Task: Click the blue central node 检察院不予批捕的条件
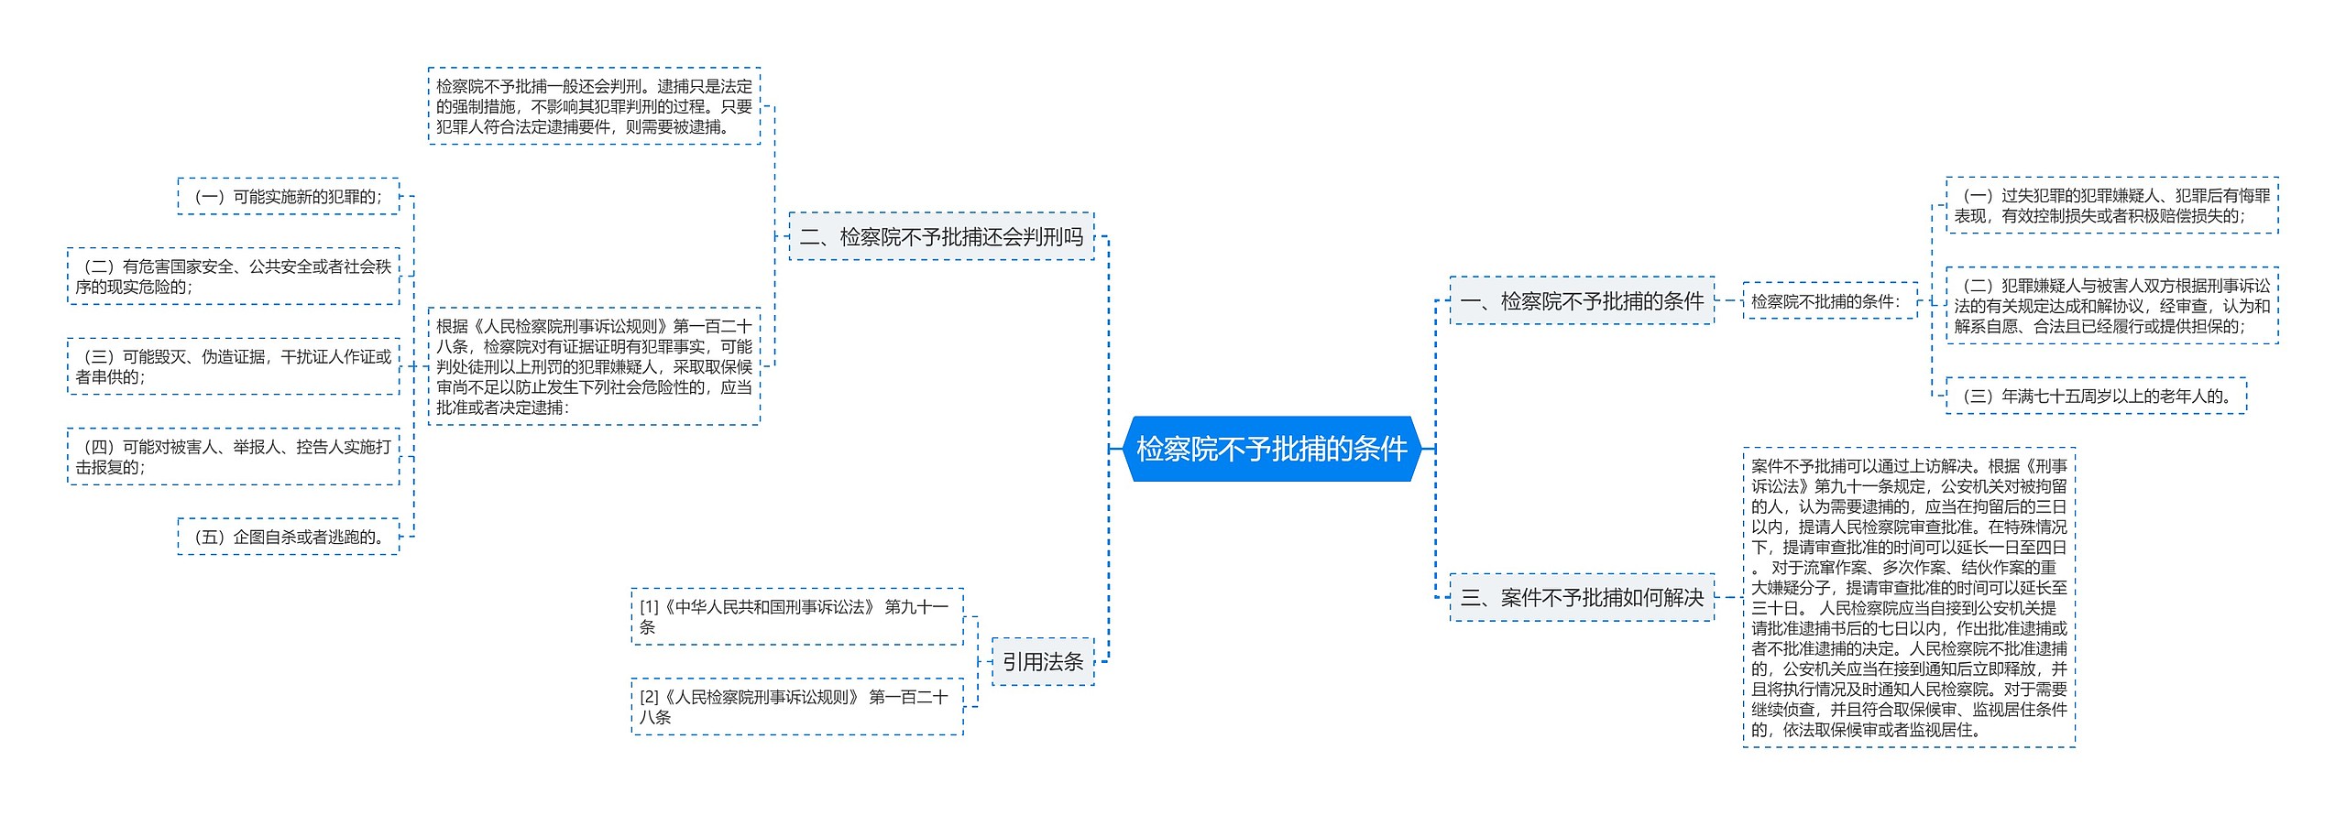[1271, 449]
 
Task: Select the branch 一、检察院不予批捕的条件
[1582, 300]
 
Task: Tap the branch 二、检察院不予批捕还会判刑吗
[941, 237]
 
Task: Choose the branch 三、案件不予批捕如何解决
[1582, 598]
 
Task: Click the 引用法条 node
[1043, 661]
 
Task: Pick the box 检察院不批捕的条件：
[1829, 301]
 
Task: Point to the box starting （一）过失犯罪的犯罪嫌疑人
[2111, 206]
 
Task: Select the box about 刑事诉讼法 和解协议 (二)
[2111, 306]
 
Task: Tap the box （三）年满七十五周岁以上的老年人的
[2096, 396]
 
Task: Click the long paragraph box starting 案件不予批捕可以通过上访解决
[1909, 598]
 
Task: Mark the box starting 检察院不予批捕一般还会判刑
[594, 106]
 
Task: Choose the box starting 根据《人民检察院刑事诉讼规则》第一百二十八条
[594, 366]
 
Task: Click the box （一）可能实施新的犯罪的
[289, 197]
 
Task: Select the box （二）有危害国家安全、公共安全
[234, 277]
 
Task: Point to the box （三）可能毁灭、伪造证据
[234, 366]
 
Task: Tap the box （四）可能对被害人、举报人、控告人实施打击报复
[234, 457]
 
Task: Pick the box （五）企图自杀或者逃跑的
[289, 537]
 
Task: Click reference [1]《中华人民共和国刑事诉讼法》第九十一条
[796, 617]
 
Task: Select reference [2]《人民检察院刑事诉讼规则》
[796, 707]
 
